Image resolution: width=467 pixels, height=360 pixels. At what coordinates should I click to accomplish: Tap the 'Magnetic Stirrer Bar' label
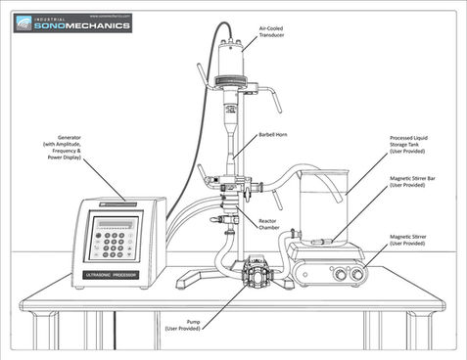(x=410, y=182)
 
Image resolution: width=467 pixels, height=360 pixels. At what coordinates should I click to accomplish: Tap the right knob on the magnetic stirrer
(x=350, y=276)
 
